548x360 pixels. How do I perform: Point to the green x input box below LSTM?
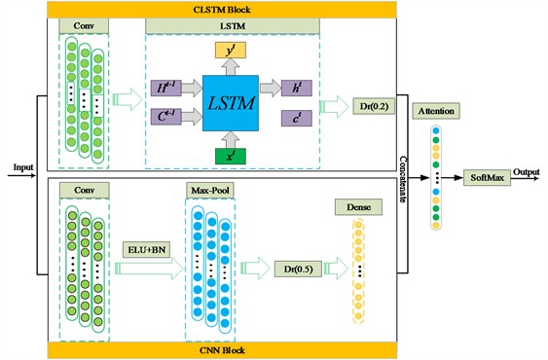[229, 154]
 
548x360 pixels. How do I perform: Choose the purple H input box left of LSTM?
[164, 87]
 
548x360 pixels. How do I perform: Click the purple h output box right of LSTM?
[292, 87]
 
